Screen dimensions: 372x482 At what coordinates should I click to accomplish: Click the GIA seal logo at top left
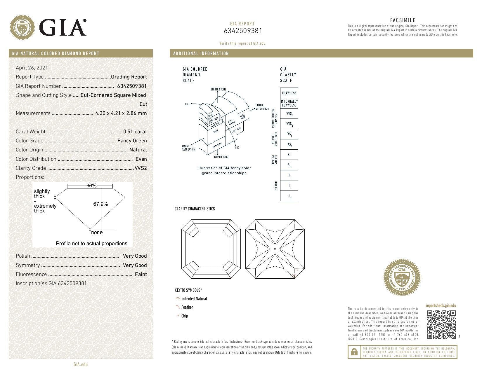tap(22, 28)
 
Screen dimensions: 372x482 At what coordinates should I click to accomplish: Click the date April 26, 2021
tap(32, 68)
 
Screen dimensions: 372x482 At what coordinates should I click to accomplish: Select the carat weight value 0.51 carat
tap(135, 132)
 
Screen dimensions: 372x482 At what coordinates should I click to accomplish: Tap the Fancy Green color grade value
tap(132, 141)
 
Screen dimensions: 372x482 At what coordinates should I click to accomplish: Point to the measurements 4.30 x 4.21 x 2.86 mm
tap(121, 113)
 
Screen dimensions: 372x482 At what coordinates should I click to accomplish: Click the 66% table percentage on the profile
tap(91, 186)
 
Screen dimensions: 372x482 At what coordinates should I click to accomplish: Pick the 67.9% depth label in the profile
tap(100, 204)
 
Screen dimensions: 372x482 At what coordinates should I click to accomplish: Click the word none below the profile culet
tap(97, 233)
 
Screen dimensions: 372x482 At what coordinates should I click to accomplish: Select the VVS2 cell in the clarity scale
tap(289, 124)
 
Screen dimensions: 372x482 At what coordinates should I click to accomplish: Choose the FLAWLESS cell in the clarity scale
tap(289, 93)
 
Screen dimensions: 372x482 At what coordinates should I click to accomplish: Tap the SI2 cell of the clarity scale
tap(289, 165)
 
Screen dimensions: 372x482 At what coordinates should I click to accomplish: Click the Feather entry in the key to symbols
tap(187, 307)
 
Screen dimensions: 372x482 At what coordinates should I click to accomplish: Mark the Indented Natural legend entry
tap(194, 299)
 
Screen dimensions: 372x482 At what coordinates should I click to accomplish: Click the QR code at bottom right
tap(441, 325)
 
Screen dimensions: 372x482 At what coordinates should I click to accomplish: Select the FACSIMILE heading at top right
tap(403, 20)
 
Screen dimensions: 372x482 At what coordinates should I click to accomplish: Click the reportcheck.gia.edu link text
tap(441, 305)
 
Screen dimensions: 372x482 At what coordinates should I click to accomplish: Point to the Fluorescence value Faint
tap(141, 274)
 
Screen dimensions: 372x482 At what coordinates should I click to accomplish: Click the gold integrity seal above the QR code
tap(402, 277)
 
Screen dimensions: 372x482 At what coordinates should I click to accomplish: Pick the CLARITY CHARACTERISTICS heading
tap(195, 209)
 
